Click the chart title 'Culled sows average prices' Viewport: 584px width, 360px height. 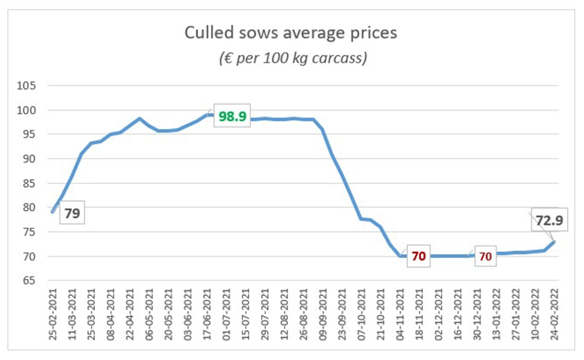pos(291,33)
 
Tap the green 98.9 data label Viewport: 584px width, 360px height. pos(233,115)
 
